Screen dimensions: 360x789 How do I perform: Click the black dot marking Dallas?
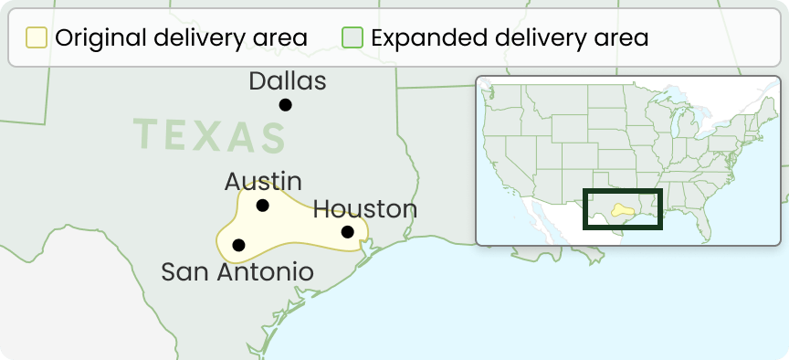coord(286,105)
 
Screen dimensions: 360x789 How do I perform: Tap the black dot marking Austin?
coord(263,206)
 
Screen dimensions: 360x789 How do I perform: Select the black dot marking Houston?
coord(348,232)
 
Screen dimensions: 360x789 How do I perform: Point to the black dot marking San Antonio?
coord(239,245)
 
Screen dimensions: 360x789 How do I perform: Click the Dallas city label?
coord(287,81)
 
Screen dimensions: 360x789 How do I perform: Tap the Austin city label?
coord(263,181)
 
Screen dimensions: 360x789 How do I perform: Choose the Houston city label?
coord(365,209)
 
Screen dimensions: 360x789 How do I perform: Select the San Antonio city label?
coord(237,271)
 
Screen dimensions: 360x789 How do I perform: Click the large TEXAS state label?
coord(210,136)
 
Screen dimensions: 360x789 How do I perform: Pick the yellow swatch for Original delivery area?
coord(37,38)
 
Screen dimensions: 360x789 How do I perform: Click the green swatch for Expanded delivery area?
coord(352,38)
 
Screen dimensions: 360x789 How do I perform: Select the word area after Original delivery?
coord(279,38)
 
